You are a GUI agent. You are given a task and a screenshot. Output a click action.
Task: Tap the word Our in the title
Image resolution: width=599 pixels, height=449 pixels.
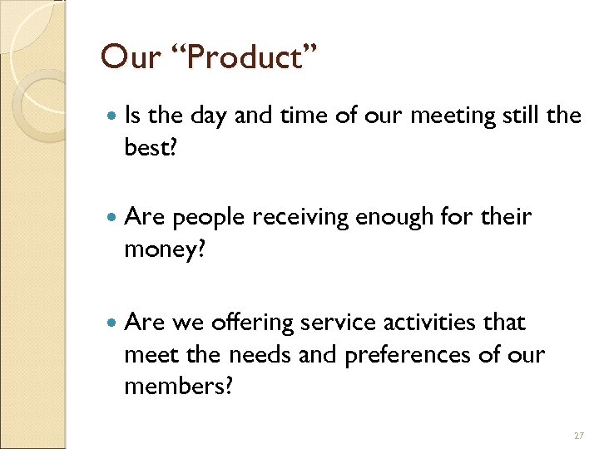pyautogui.click(x=131, y=57)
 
